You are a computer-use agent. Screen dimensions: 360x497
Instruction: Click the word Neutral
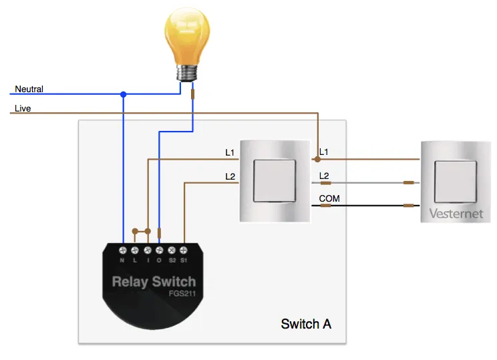point(29,89)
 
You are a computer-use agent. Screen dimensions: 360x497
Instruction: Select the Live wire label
point(23,108)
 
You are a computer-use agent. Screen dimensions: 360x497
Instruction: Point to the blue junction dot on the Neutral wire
point(123,94)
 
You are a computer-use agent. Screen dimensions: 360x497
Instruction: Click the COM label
point(329,198)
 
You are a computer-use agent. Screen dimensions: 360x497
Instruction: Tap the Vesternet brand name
point(456,215)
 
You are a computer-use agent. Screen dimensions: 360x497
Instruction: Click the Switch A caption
point(306,324)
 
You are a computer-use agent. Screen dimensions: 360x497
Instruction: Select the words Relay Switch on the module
point(154,281)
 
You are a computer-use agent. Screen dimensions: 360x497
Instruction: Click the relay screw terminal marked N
point(123,250)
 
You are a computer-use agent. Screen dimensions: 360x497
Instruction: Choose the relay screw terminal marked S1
point(183,250)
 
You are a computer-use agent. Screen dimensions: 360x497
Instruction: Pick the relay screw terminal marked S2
point(171,250)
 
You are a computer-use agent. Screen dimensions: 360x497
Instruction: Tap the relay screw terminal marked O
point(159,250)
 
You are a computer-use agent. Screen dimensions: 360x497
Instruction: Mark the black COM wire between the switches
point(367,206)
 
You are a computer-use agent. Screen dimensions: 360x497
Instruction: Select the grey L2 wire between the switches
point(367,182)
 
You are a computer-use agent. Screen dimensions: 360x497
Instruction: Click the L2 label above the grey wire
point(325,175)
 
